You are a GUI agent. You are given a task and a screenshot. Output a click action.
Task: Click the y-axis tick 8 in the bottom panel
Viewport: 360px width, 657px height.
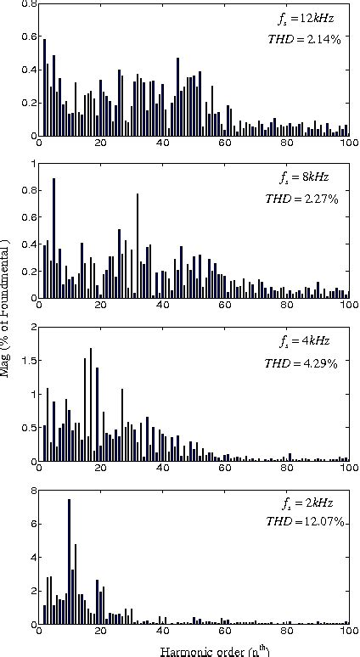coord(32,491)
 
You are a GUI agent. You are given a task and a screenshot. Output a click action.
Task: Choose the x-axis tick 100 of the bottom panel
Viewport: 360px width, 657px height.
coord(347,632)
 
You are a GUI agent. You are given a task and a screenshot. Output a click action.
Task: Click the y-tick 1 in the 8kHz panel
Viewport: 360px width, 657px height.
coord(32,163)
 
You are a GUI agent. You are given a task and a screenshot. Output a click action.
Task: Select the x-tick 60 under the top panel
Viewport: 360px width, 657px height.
coord(224,143)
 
